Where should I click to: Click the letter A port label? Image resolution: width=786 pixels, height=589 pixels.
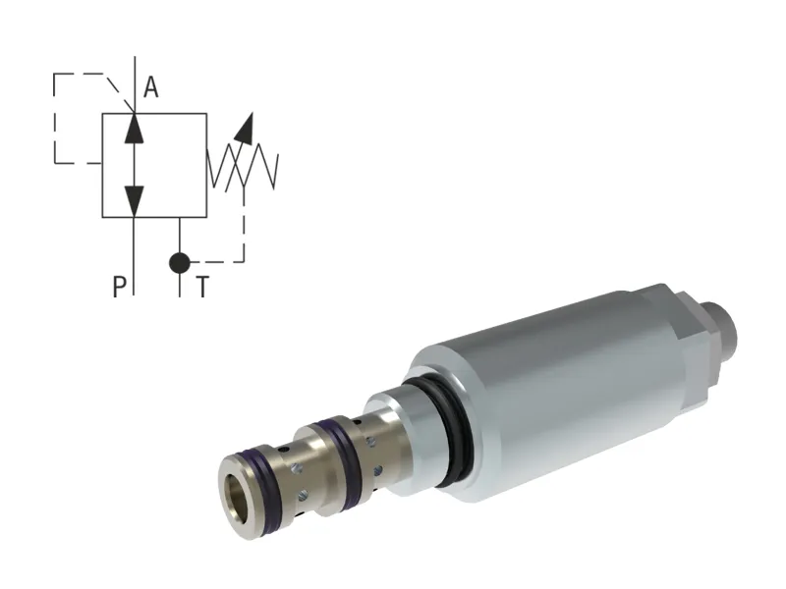pyautogui.click(x=150, y=89)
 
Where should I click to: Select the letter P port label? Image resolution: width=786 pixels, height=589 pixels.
pyautogui.click(x=119, y=287)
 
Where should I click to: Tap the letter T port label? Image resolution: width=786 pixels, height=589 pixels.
pyautogui.click(x=201, y=287)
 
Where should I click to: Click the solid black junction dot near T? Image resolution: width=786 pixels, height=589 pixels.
pyautogui.click(x=179, y=262)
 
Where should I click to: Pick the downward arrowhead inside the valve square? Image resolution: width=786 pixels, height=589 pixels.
pyautogui.click(x=135, y=201)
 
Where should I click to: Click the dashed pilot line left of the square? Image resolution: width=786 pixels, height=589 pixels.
pyautogui.click(x=54, y=118)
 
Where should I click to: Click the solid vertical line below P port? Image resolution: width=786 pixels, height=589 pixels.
pyautogui.click(x=135, y=255)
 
